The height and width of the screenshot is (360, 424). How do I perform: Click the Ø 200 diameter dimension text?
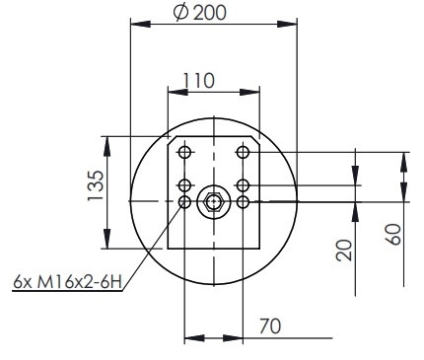tap(200, 13)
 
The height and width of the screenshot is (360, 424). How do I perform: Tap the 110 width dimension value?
tap(198, 81)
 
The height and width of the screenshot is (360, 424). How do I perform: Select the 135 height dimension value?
tap(96, 185)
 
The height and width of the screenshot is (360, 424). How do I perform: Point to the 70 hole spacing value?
tap(270, 326)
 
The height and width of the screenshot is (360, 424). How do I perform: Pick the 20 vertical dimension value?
tap(344, 251)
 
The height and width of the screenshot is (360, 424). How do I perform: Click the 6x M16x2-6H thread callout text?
tap(67, 282)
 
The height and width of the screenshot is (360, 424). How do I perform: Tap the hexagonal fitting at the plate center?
tap(214, 202)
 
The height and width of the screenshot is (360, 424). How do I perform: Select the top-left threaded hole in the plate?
tap(184, 152)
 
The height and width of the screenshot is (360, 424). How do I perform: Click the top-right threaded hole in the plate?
tap(243, 152)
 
